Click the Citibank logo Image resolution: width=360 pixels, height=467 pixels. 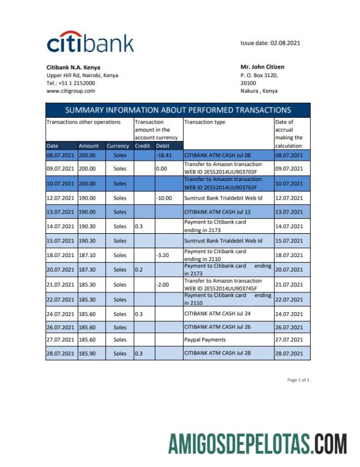[x=90, y=42]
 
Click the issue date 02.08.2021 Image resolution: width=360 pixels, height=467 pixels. [x=270, y=43]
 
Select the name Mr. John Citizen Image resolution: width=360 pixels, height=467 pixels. [x=262, y=67]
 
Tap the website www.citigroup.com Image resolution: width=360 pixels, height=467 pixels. [x=71, y=91]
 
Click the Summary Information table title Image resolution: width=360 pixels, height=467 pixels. [x=178, y=110]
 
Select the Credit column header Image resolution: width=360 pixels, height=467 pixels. [x=143, y=146]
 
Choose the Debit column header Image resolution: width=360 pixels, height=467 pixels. [x=162, y=146]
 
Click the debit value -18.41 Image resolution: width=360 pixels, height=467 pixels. [x=165, y=155]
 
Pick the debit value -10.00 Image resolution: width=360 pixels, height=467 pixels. [x=165, y=198]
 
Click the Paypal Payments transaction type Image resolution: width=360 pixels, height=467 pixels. [x=205, y=339]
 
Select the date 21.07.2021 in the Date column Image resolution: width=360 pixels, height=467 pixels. [x=60, y=285]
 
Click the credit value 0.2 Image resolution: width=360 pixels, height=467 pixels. [x=139, y=270]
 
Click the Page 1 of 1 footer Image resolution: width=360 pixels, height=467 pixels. [x=298, y=380]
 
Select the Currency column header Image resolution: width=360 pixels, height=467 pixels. [x=118, y=146]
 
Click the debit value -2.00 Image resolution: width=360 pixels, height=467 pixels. [x=163, y=285]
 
